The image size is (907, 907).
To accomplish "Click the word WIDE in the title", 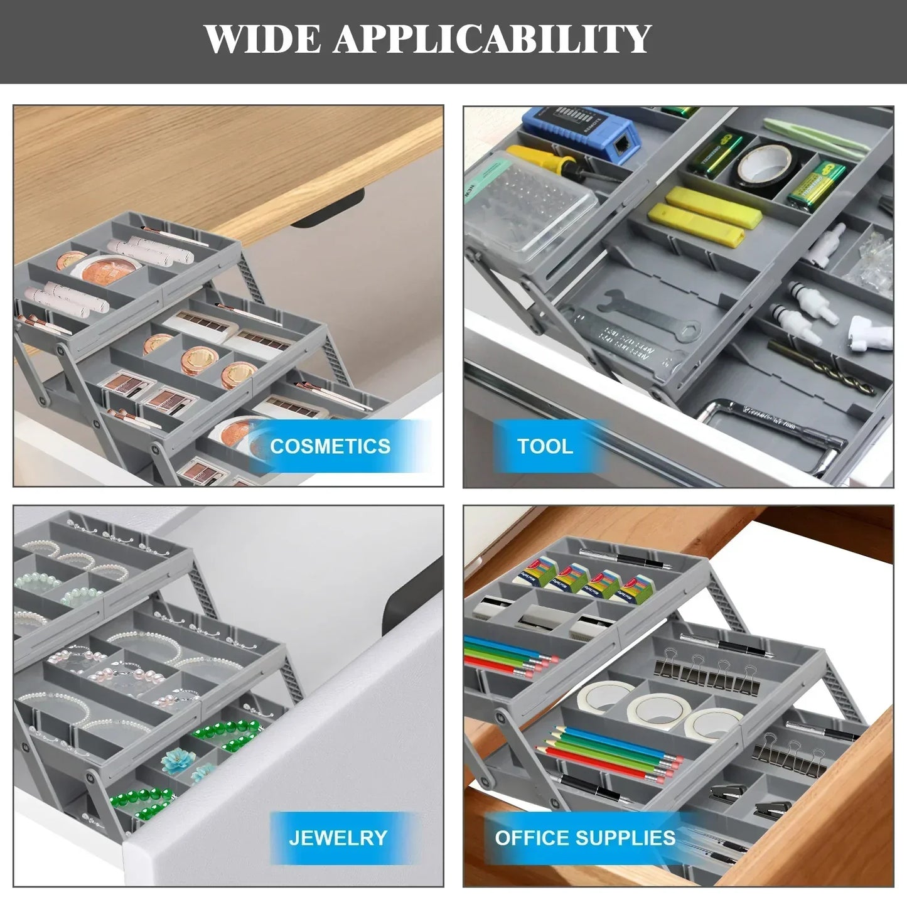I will (x=262, y=39).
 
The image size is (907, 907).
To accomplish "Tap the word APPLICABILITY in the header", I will (x=491, y=39).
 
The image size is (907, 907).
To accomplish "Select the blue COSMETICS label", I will (x=331, y=446).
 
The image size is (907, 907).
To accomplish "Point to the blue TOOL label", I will (x=545, y=446).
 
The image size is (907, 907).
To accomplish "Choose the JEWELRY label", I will (x=338, y=838).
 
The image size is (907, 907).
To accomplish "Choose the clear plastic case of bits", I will (x=530, y=213).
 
